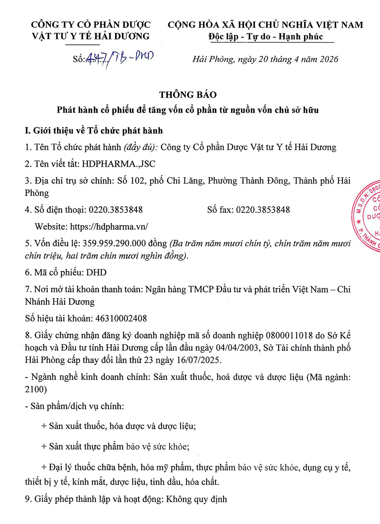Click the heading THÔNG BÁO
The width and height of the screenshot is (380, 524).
pyautogui.click(x=188, y=95)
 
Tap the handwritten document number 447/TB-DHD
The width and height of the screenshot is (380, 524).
pyautogui.click(x=120, y=58)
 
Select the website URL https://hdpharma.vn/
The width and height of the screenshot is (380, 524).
pyautogui.click(x=109, y=227)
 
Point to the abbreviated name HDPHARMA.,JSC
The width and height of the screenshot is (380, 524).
pyautogui.click(x=119, y=164)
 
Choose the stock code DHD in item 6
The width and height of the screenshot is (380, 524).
pyautogui.click(x=97, y=272)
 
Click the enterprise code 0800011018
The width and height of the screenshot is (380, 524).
pyautogui.click(x=290, y=336)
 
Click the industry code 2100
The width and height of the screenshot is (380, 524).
pyautogui.click(x=36, y=389)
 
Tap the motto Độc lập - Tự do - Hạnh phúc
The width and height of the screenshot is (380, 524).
pyautogui.click(x=266, y=37)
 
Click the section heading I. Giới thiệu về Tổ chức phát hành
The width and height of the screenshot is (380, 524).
pyautogui.click(x=94, y=131)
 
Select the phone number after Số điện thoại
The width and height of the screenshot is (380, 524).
pyautogui.click(x=116, y=210)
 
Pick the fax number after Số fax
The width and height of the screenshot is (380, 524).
pyautogui.click(x=263, y=210)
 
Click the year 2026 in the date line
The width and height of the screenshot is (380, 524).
pyautogui.click(x=329, y=59)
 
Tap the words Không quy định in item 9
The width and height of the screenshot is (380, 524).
pyautogui.click(x=196, y=499)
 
